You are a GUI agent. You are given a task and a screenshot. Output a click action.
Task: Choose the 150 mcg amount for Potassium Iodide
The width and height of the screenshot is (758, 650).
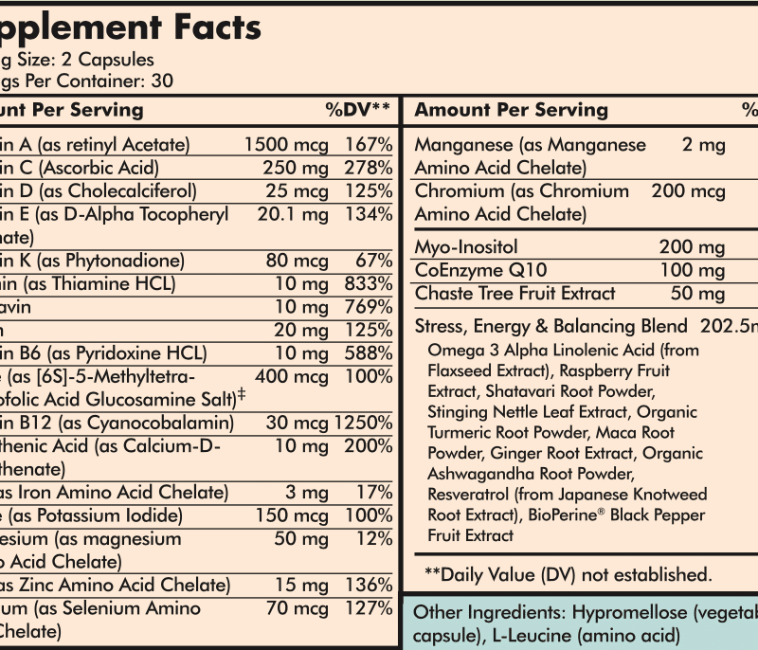pos(293,515)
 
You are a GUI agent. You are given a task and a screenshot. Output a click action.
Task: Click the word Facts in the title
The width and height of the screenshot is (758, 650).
pos(216,27)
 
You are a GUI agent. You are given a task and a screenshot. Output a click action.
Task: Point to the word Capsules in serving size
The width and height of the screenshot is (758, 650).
pos(117,60)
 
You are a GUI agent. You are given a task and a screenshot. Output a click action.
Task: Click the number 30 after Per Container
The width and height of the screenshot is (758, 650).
pos(161,81)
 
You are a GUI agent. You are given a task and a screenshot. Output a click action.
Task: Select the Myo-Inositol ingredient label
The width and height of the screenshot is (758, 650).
pos(464,247)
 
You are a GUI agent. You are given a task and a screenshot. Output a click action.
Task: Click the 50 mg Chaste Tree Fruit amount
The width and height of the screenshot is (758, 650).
pos(696,294)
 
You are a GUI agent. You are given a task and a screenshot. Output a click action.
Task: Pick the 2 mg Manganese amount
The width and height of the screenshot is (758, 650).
pos(703,145)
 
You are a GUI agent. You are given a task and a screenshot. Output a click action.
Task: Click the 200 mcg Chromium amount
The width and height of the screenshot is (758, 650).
pos(688,191)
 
